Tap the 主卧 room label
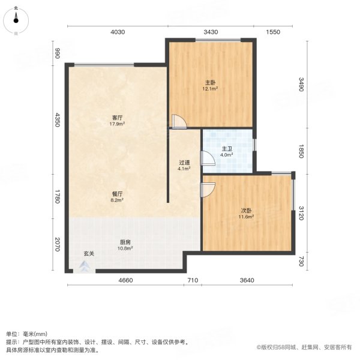[x=210, y=82]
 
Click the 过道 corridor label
[x=184, y=161]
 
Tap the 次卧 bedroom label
[x=246, y=210]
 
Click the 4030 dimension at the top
[x=117, y=32]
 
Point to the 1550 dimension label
[x=273, y=32]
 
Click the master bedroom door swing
[x=178, y=122]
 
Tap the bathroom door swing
[x=207, y=158]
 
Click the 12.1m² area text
[x=210, y=88]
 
